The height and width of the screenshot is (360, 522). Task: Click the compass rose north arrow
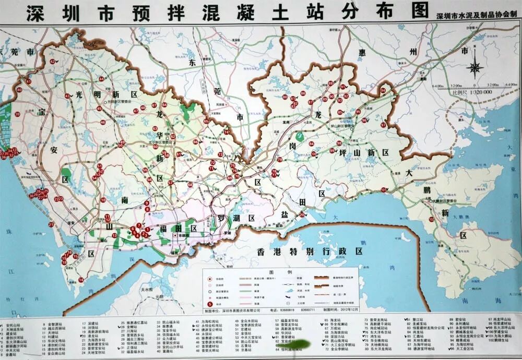pos(475,67)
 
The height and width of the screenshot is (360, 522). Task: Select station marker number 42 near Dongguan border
pos(52,62)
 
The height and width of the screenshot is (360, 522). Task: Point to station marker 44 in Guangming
pos(101,79)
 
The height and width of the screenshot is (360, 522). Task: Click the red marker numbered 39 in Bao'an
pos(17,114)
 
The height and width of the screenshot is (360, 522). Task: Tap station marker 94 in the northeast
pos(383,91)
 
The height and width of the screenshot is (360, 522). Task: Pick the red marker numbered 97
pos(383,125)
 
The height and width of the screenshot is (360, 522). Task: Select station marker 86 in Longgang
pos(303,94)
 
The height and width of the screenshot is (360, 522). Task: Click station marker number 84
pos(312,144)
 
